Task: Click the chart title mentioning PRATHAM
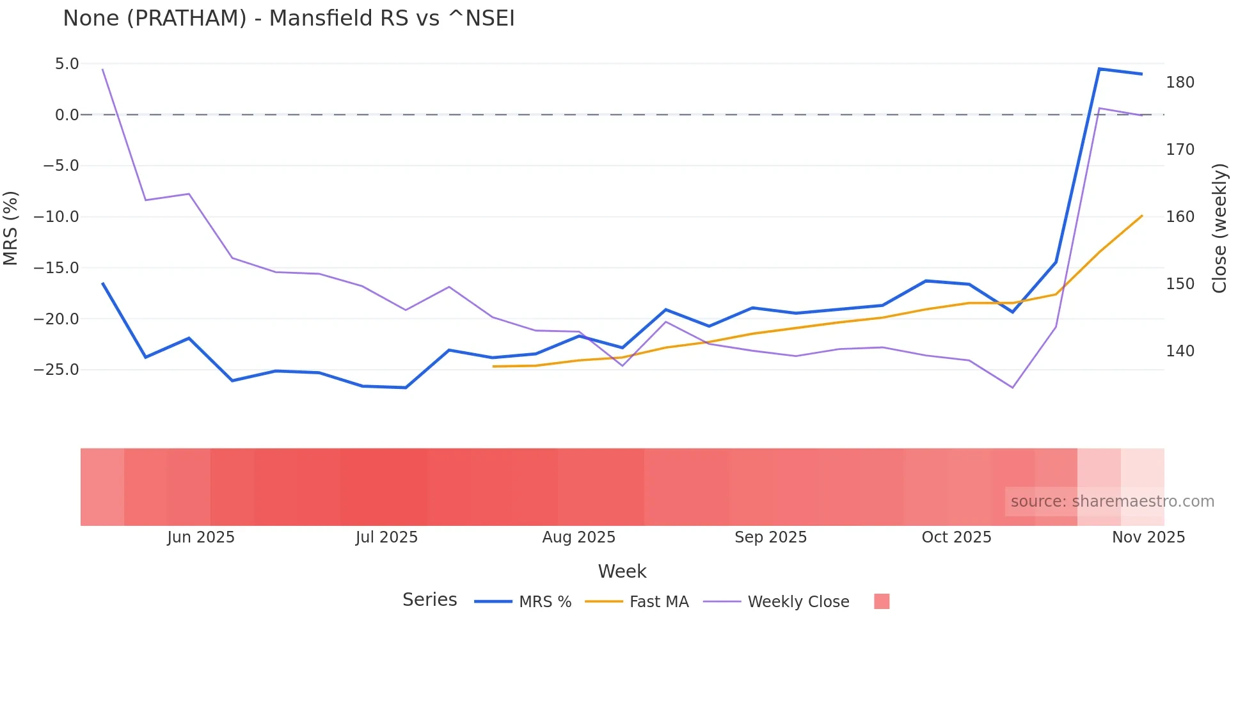pyautogui.click(x=289, y=19)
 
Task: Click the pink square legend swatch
pyautogui.click(x=882, y=601)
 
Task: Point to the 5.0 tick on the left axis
pyautogui.click(x=67, y=64)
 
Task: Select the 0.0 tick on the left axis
pyautogui.click(x=67, y=115)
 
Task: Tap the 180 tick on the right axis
pyautogui.click(x=1180, y=83)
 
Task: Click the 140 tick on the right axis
pyautogui.click(x=1180, y=351)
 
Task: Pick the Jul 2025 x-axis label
pyautogui.click(x=386, y=537)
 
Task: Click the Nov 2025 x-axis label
pyautogui.click(x=1148, y=537)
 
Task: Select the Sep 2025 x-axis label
pyautogui.click(x=770, y=537)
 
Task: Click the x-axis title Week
pyautogui.click(x=622, y=571)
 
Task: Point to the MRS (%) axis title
pyautogui.click(x=11, y=228)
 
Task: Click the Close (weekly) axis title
pyautogui.click(x=1219, y=228)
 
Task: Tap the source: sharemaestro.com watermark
pyautogui.click(x=1112, y=502)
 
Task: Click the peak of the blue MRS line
pyautogui.click(x=1099, y=69)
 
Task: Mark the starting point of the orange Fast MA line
pyautogui.click(x=493, y=367)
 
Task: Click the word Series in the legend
pyautogui.click(x=429, y=600)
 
